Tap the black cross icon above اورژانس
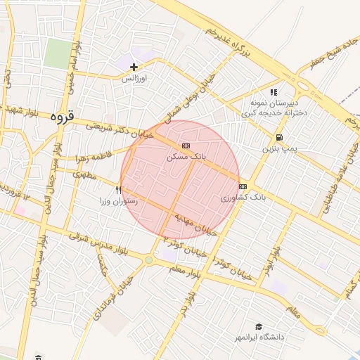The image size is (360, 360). [x=134, y=67]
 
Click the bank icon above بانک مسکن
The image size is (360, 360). [x=186, y=146]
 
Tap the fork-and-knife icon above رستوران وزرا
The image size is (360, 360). [x=118, y=190]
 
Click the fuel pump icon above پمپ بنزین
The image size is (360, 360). [x=280, y=138]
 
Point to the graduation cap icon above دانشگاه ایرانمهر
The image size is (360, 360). [x=259, y=327]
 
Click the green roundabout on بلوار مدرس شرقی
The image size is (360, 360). [x=148, y=260]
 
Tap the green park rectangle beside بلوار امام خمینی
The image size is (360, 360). [x=59, y=54]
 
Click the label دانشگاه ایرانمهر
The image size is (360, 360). [x=259, y=337]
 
